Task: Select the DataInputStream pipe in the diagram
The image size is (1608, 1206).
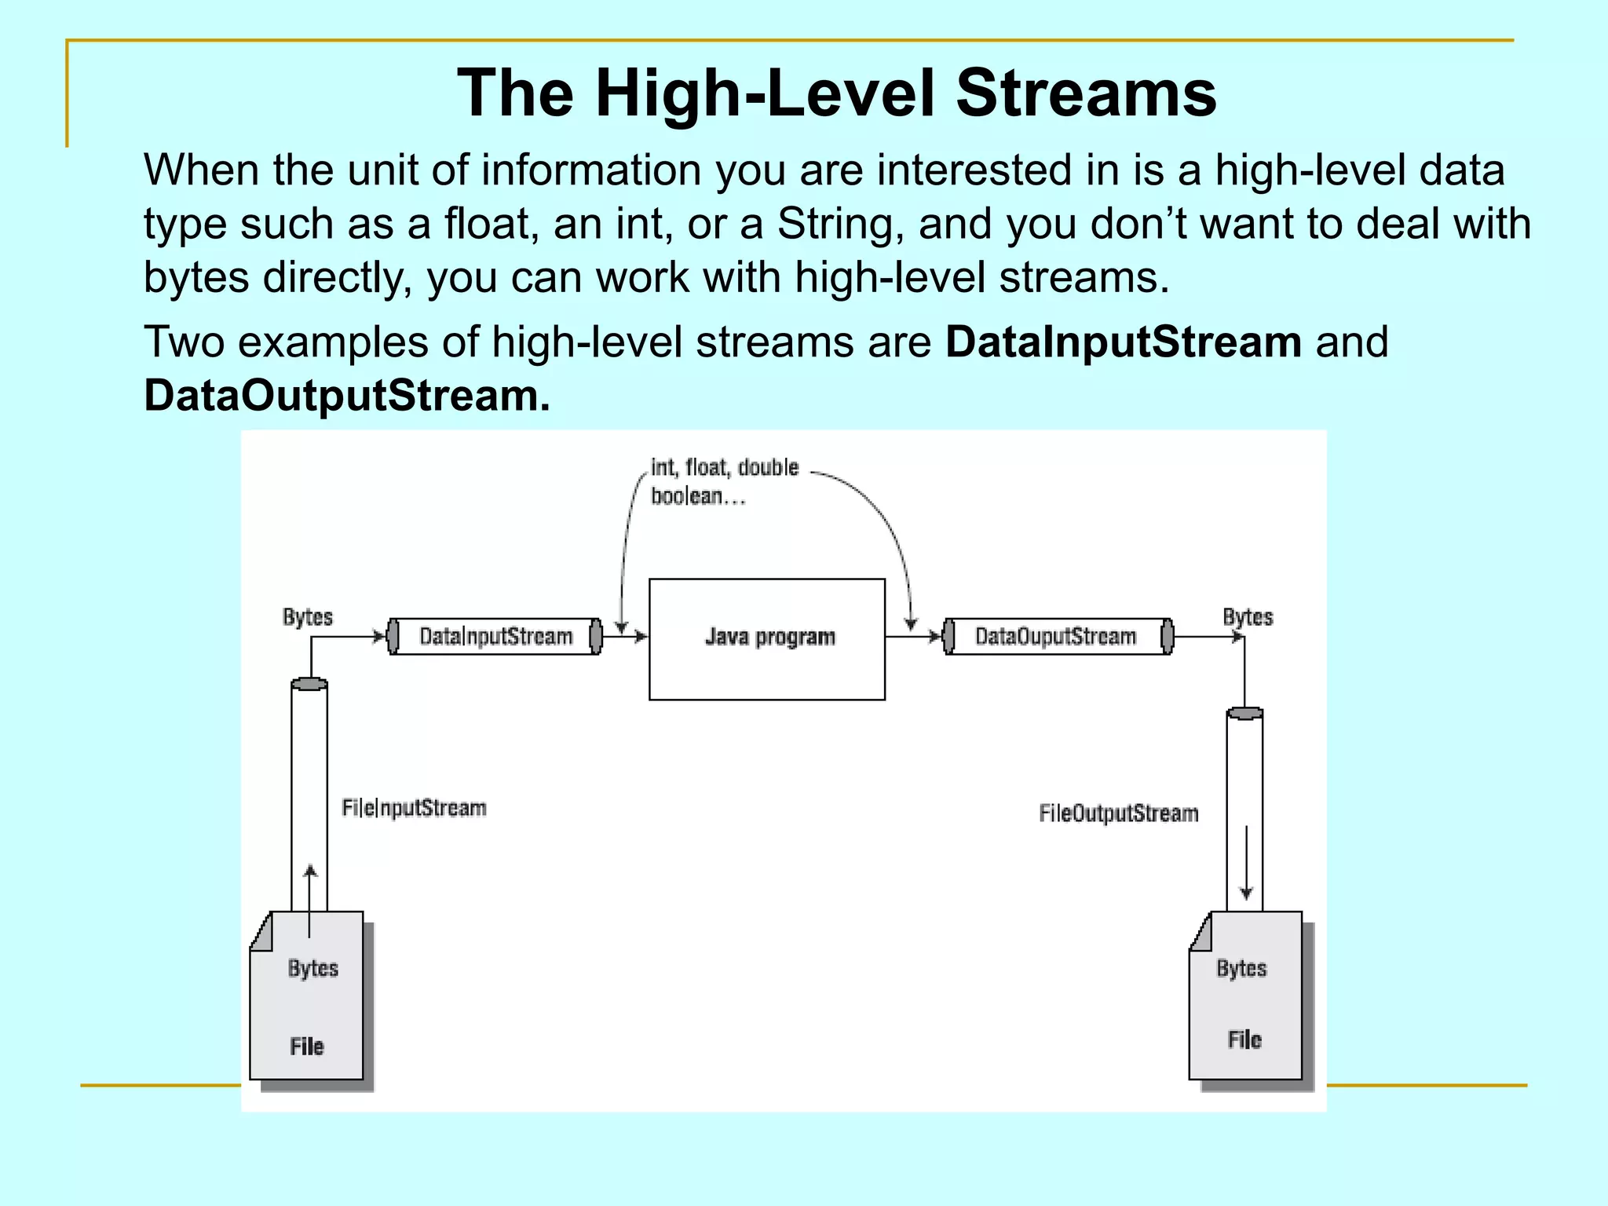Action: point(495,636)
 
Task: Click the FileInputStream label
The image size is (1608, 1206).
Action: point(414,808)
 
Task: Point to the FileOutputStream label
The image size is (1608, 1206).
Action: point(1118,813)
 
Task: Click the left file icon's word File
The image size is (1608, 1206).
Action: point(306,1047)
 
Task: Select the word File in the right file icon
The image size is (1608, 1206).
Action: point(1244,1040)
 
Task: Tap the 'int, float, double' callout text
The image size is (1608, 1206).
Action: point(724,468)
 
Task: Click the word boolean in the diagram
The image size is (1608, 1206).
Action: point(687,496)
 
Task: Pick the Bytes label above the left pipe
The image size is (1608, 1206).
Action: point(308,617)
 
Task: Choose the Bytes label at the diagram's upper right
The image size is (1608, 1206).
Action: point(1248,617)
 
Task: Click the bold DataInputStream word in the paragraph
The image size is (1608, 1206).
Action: point(1123,342)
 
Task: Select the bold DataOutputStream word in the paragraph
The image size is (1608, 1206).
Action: point(346,396)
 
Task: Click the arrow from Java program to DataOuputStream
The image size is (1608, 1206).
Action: point(914,636)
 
